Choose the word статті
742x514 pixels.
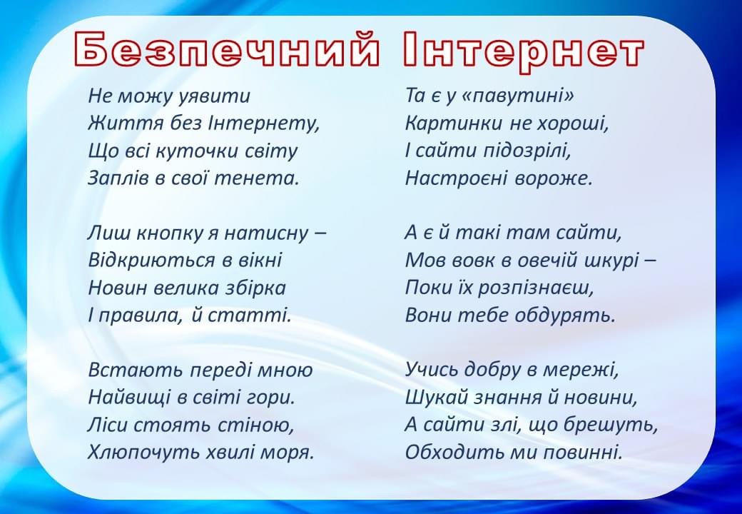(x=249, y=316)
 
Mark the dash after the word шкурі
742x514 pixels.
(x=649, y=261)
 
